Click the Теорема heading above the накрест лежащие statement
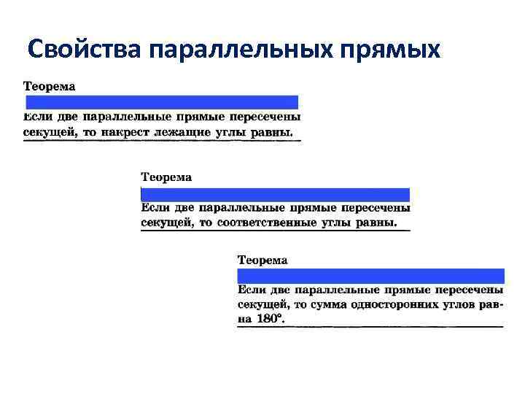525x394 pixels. tap(49, 86)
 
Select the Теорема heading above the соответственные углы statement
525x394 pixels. tap(166, 177)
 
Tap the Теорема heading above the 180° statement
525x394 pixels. tap(262, 260)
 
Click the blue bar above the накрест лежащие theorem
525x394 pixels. tap(162, 102)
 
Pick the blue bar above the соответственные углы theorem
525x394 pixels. tap(275, 194)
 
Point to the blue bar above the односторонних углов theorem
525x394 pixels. tap(370, 276)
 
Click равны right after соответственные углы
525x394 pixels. tap(376, 223)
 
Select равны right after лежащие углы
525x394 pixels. tap(271, 133)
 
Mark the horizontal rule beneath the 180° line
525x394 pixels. tap(370, 326)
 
